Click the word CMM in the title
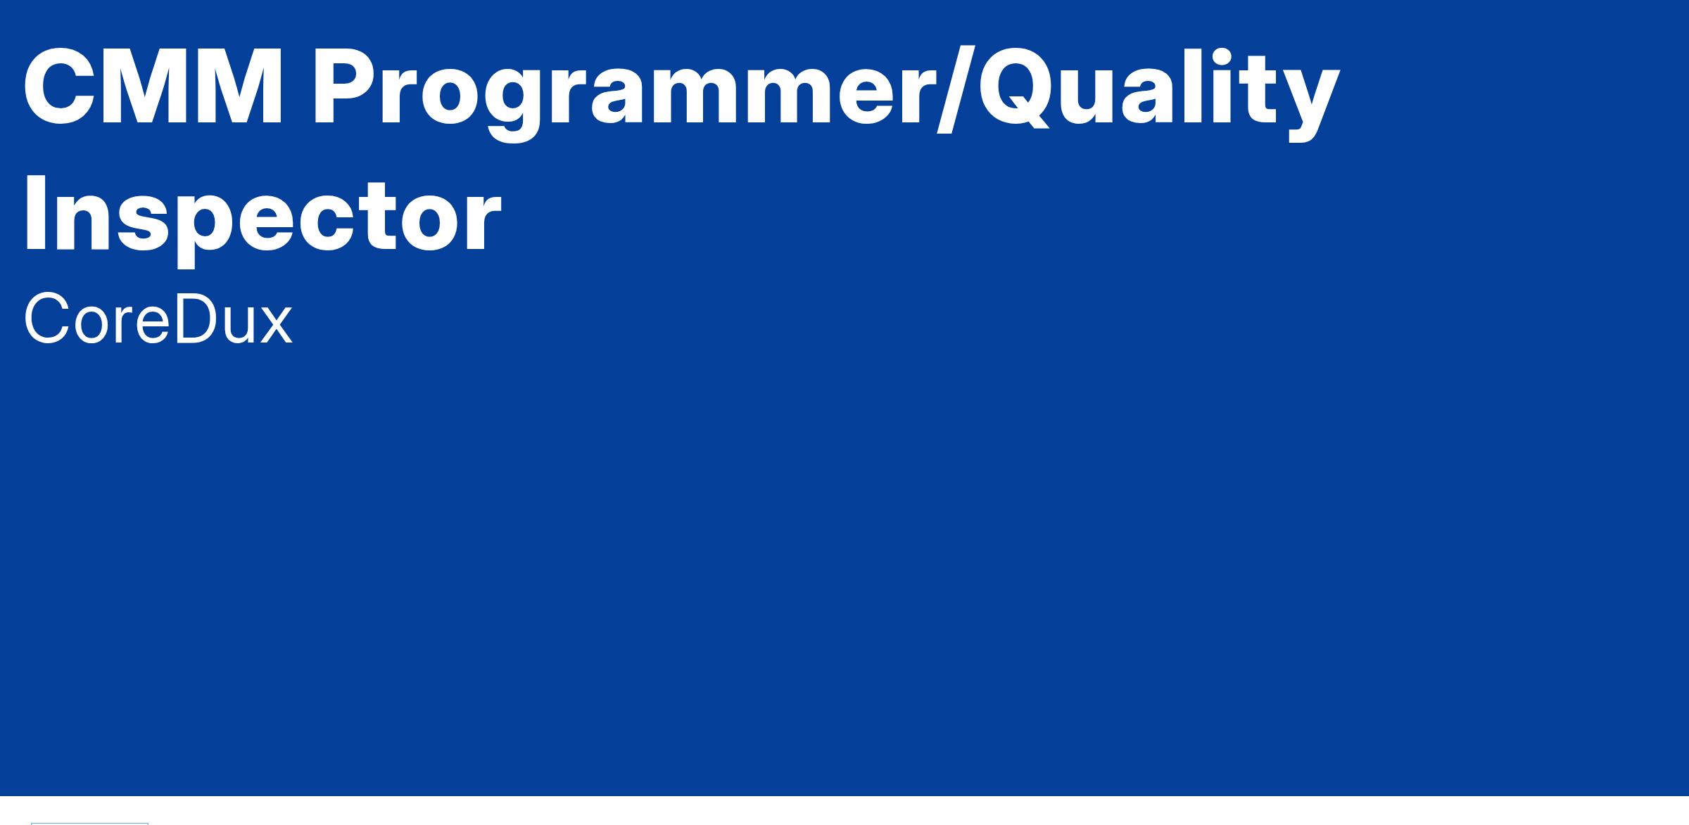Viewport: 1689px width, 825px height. click(x=153, y=88)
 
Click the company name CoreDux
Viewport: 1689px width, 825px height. click(x=158, y=320)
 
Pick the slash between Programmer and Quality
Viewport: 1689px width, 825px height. click(x=956, y=88)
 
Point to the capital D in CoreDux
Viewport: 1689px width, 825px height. click(x=196, y=320)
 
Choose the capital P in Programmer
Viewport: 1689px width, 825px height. click(x=348, y=88)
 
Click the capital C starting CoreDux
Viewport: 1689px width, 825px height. click(x=46, y=320)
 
